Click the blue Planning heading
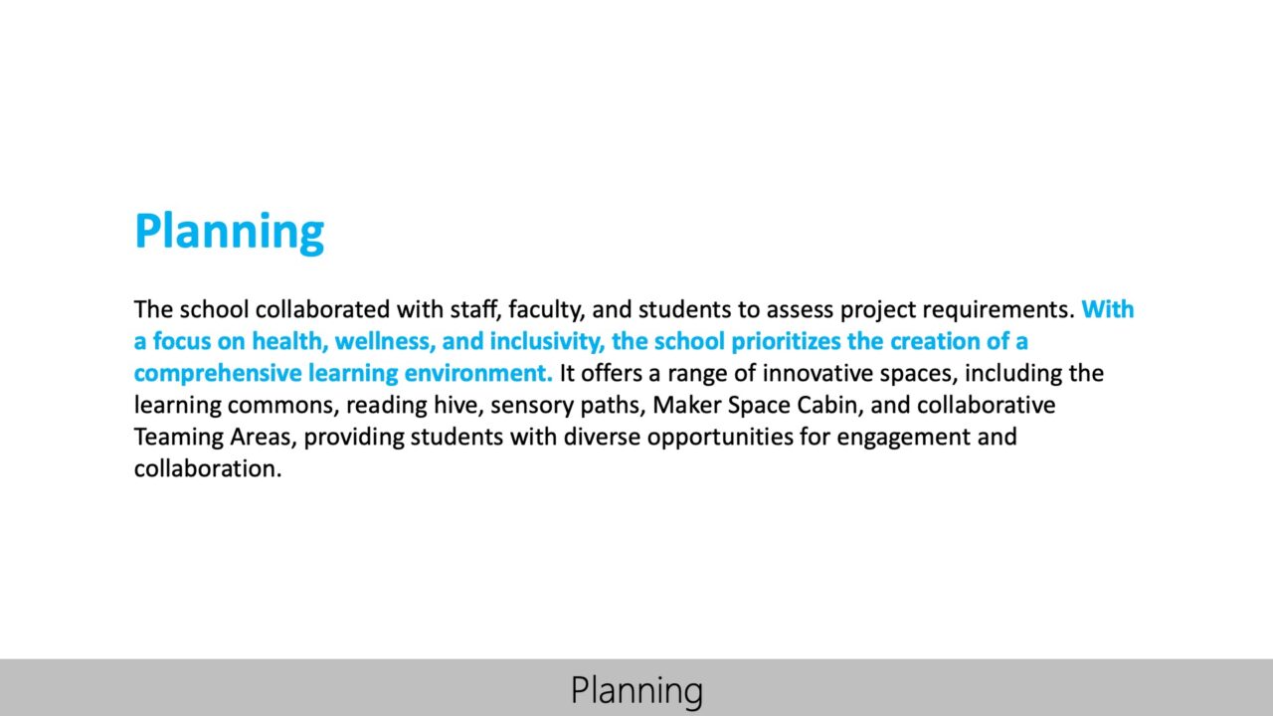pyautogui.click(x=229, y=231)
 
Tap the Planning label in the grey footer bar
pyautogui.click(x=636, y=689)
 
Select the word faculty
pyautogui.click(x=546, y=309)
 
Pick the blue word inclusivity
pyautogui.click(x=546, y=341)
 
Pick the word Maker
pyautogui.click(x=681, y=405)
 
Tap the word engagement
pyautogui.click(x=901, y=437)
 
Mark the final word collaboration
pyautogui.click(x=208, y=468)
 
